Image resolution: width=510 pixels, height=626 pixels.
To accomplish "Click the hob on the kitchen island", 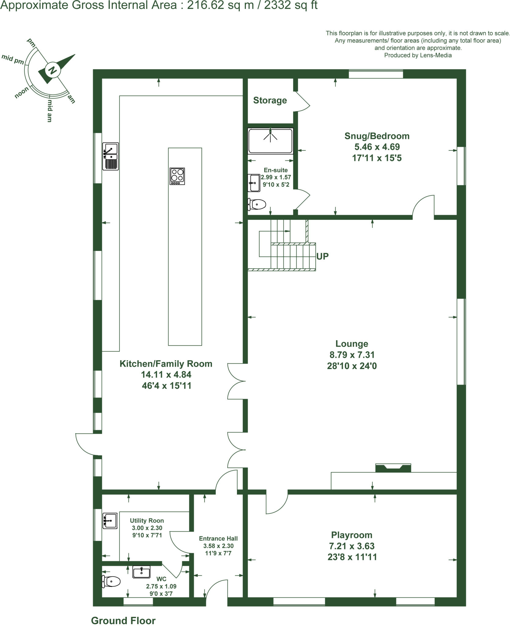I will (177, 176).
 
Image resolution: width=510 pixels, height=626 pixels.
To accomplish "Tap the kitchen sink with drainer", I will (110, 156).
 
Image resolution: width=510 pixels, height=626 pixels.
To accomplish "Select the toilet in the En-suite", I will (257, 204).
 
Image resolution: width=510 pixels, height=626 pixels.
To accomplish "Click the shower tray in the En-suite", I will (270, 141).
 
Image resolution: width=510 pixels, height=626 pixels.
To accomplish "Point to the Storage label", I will (270, 100).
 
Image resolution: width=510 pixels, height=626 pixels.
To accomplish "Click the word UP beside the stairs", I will (322, 256).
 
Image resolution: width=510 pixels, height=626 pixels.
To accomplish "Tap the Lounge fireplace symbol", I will (393, 468).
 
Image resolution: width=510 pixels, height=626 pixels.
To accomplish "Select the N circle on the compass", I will (52, 70).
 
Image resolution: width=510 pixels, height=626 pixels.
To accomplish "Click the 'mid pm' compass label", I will (13, 59).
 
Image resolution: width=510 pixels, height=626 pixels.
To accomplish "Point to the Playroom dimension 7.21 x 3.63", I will (352, 546).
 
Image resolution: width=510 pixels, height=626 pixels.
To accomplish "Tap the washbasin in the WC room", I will (141, 572).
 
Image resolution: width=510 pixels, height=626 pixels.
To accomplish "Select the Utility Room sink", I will (110, 521).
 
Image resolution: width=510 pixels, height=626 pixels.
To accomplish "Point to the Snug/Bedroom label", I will (377, 136).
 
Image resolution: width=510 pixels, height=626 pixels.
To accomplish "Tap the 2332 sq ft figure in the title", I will (290, 5).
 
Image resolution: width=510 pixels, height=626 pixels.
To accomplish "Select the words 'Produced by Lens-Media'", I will (418, 55).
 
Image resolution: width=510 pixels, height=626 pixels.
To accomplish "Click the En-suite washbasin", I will (254, 183).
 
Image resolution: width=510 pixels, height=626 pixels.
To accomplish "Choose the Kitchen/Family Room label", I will (166, 364).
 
